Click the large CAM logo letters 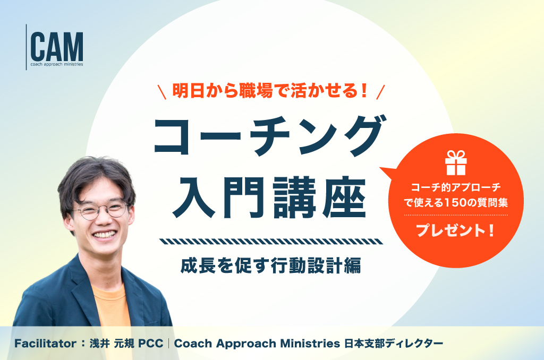pos(57,47)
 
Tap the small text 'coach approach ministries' pos(57,64)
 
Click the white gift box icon pos(456,162)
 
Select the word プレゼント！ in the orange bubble pos(455,230)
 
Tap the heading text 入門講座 pos(269,198)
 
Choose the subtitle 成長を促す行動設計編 pos(270,265)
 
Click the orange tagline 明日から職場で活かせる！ pos(270,91)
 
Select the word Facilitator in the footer pos(46,344)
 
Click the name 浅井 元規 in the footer pos(111,344)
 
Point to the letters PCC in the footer pos(150,344)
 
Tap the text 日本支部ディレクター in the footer pos(394,344)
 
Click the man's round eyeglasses pos(100,210)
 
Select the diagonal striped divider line pos(271,242)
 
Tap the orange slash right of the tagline pos(380,92)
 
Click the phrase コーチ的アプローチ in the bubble pos(456,187)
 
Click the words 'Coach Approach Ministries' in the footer pos(257,344)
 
